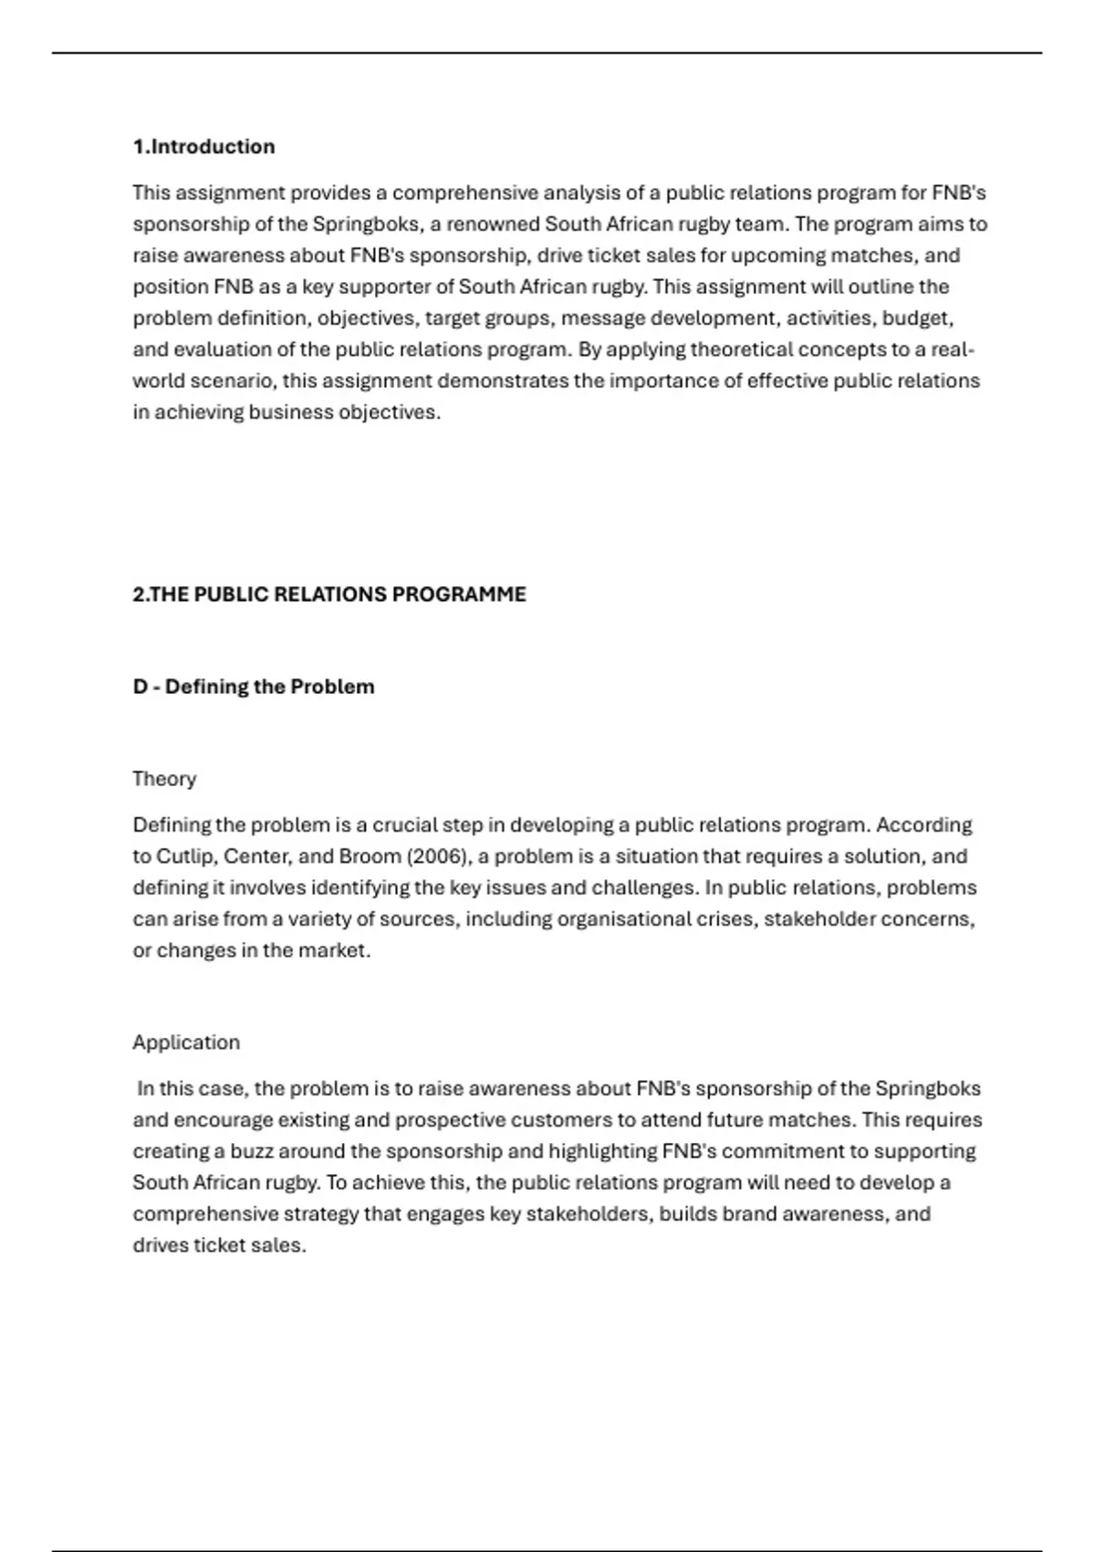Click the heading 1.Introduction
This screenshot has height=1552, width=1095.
click(203, 147)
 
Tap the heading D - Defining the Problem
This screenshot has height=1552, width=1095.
click(253, 687)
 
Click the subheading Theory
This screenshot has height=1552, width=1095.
click(164, 779)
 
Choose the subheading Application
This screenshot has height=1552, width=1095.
click(186, 1043)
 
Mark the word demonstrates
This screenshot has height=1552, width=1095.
click(503, 381)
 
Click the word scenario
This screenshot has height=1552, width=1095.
click(229, 381)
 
